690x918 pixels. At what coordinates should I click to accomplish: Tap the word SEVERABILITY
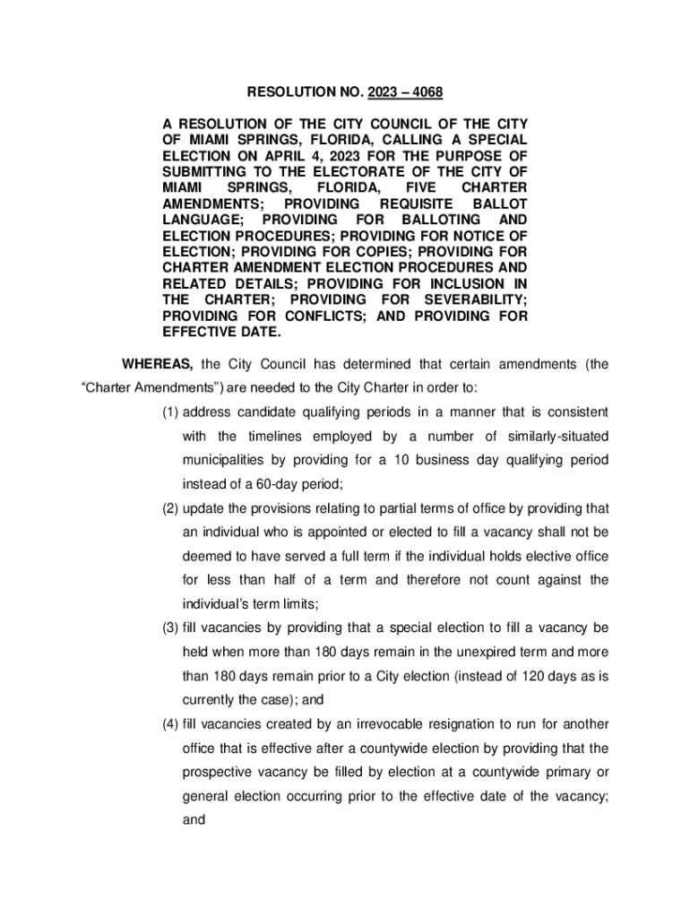476,300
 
